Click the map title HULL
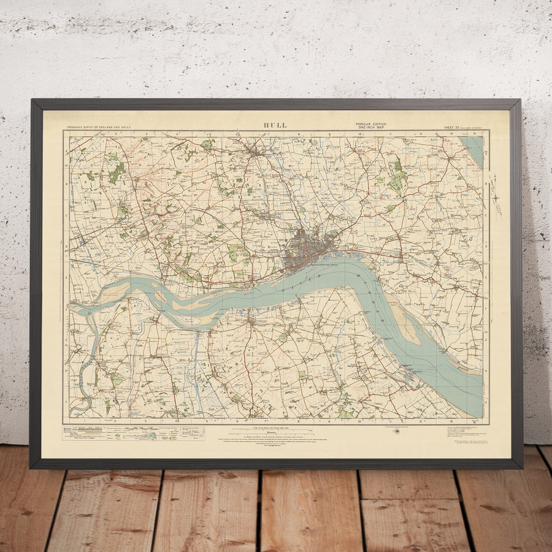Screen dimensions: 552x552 (x=275, y=125)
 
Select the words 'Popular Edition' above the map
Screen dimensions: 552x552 (x=371, y=124)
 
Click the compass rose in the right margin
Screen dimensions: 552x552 (x=495, y=197)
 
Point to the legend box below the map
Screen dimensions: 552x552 (x=134, y=433)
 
